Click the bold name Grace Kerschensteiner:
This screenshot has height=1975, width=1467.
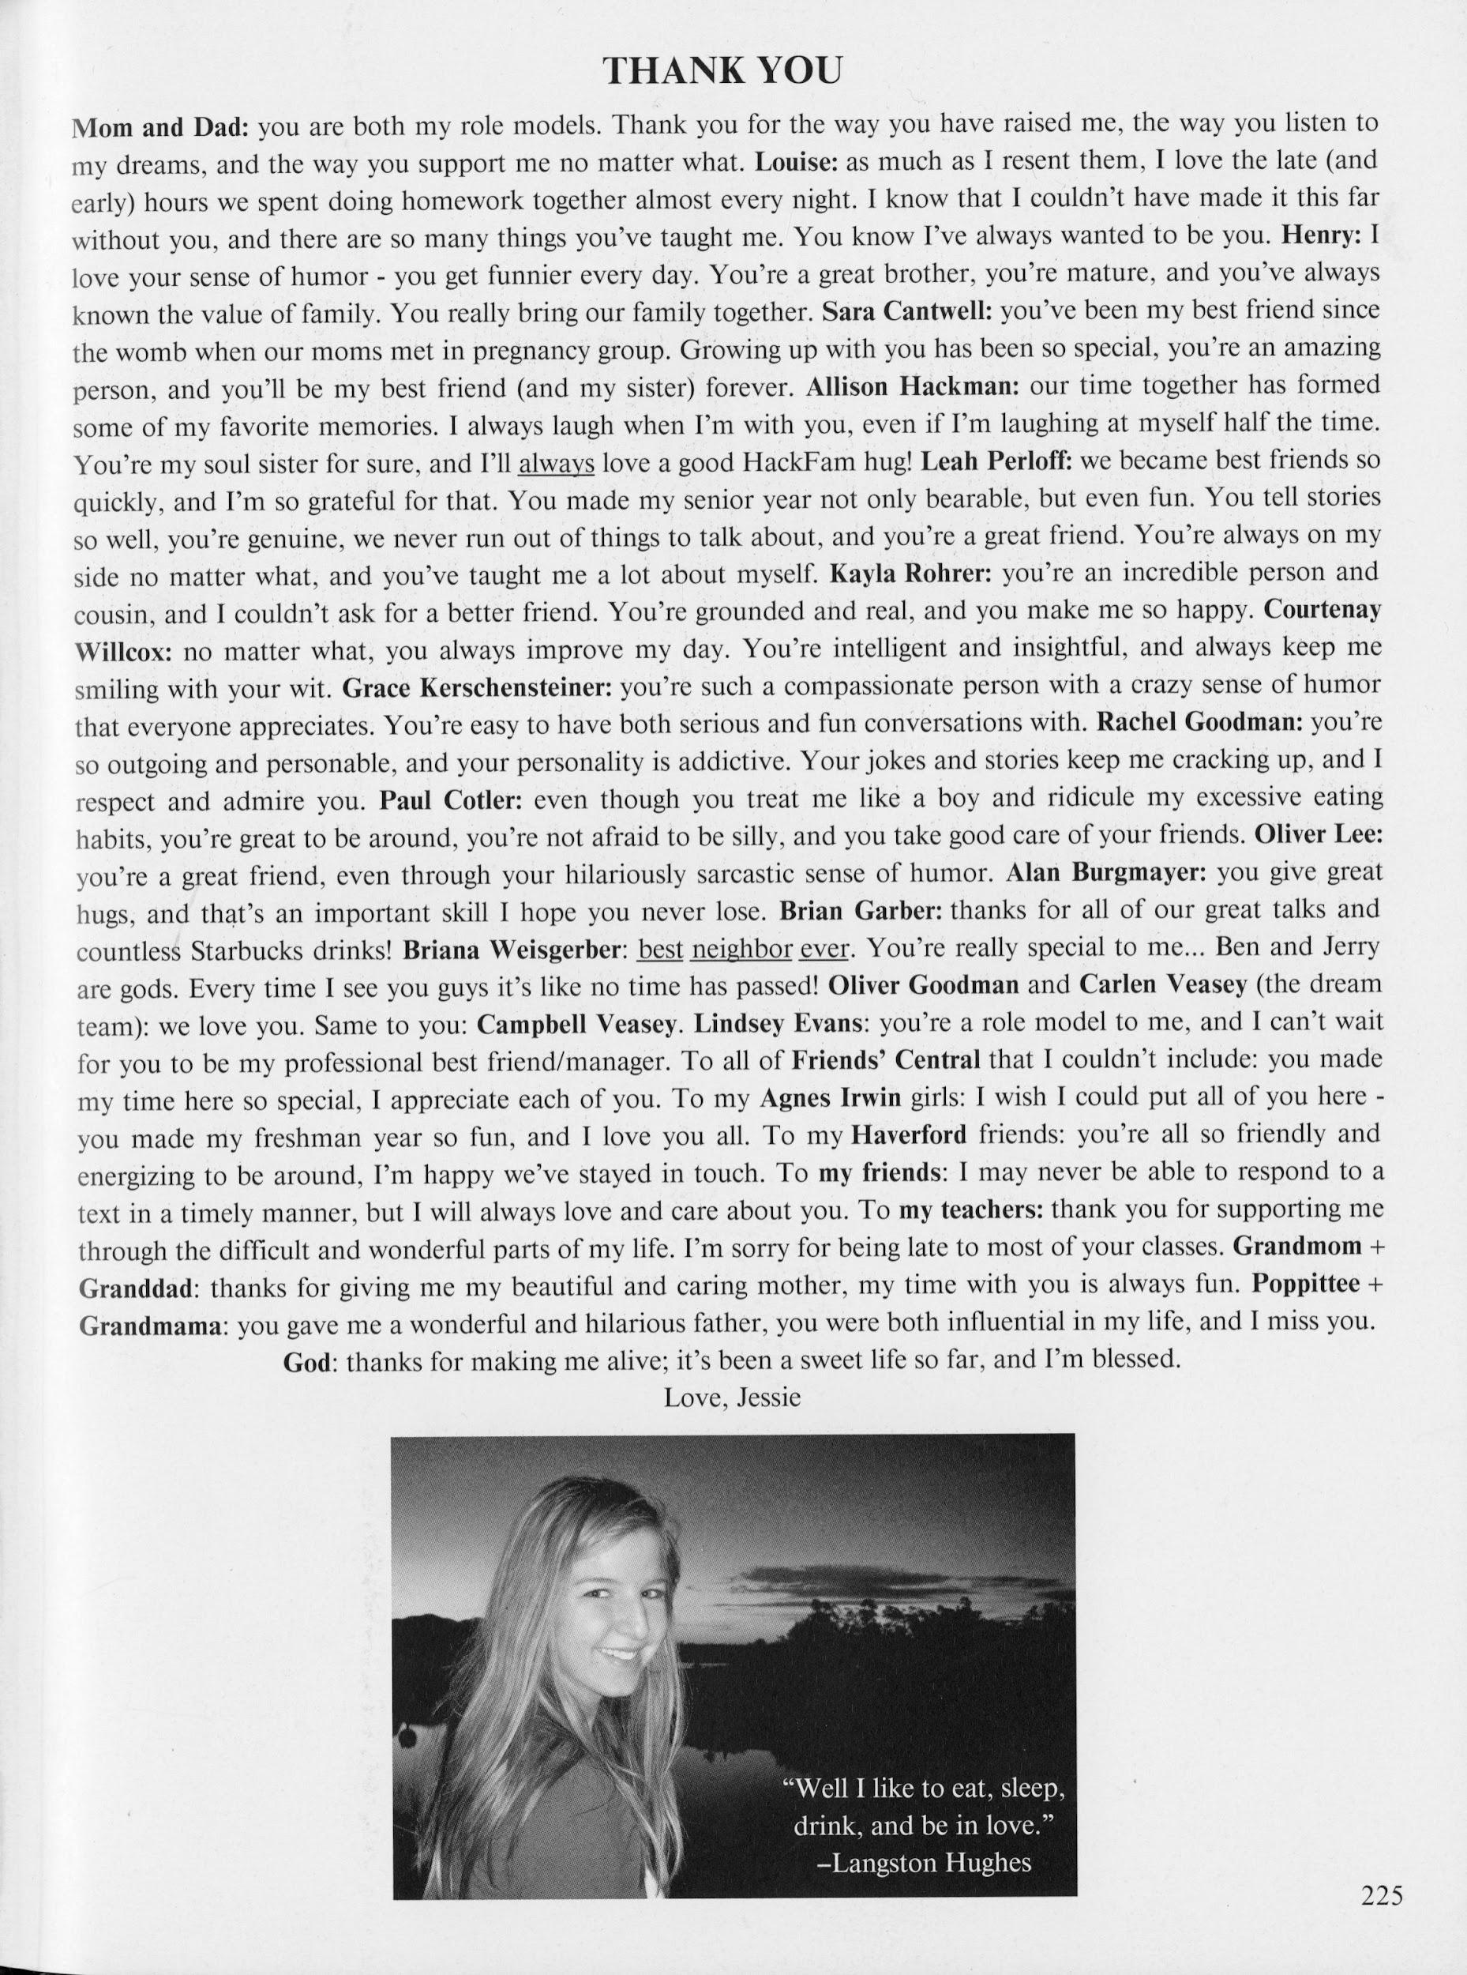(x=477, y=687)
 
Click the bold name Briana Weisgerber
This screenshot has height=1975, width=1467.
(x=516, y=950)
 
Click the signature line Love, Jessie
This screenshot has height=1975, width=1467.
(x=733, y=1398)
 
